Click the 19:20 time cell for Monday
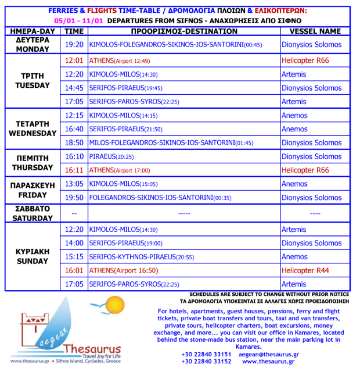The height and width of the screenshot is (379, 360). tap(74, 45)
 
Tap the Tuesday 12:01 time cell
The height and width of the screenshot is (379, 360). tap(74, 60)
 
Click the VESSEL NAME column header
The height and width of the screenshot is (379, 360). tap(315, 31)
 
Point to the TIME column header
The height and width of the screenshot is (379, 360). tap(74, 31)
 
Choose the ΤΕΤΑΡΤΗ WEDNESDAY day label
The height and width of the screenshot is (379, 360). tap(33, 129)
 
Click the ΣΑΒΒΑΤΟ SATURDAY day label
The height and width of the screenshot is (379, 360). tap(33, 213)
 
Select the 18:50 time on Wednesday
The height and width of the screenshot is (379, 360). tap(74, 143)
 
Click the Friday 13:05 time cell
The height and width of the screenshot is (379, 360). tap(74, 184)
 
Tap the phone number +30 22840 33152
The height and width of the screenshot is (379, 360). tap(206, 361)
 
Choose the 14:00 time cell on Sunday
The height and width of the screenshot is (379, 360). tap(74, 244)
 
